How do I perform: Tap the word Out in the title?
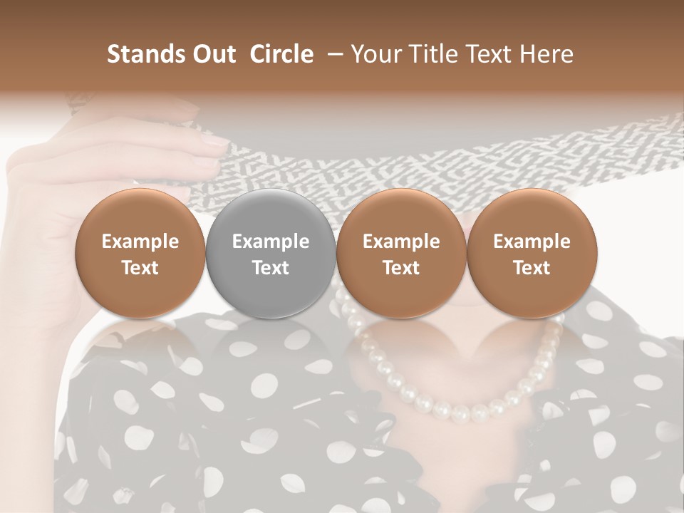(x=212, y=54)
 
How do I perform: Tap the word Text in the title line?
(x=484, y=54)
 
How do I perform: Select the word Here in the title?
(x=544, y=54)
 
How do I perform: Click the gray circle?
(x=271, y=252)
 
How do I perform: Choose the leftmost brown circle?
(x=140, y=252)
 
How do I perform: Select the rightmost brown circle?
(x=532, y=252)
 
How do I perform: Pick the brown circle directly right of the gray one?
(x=401, y=252)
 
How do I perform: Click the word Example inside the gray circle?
(x=271, y=242)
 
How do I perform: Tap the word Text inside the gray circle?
(x=271, y=268)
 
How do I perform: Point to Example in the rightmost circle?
(x=532, y=242)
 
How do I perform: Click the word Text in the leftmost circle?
(x=140, y=268)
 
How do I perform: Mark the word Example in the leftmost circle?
(x=140, y=242)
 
